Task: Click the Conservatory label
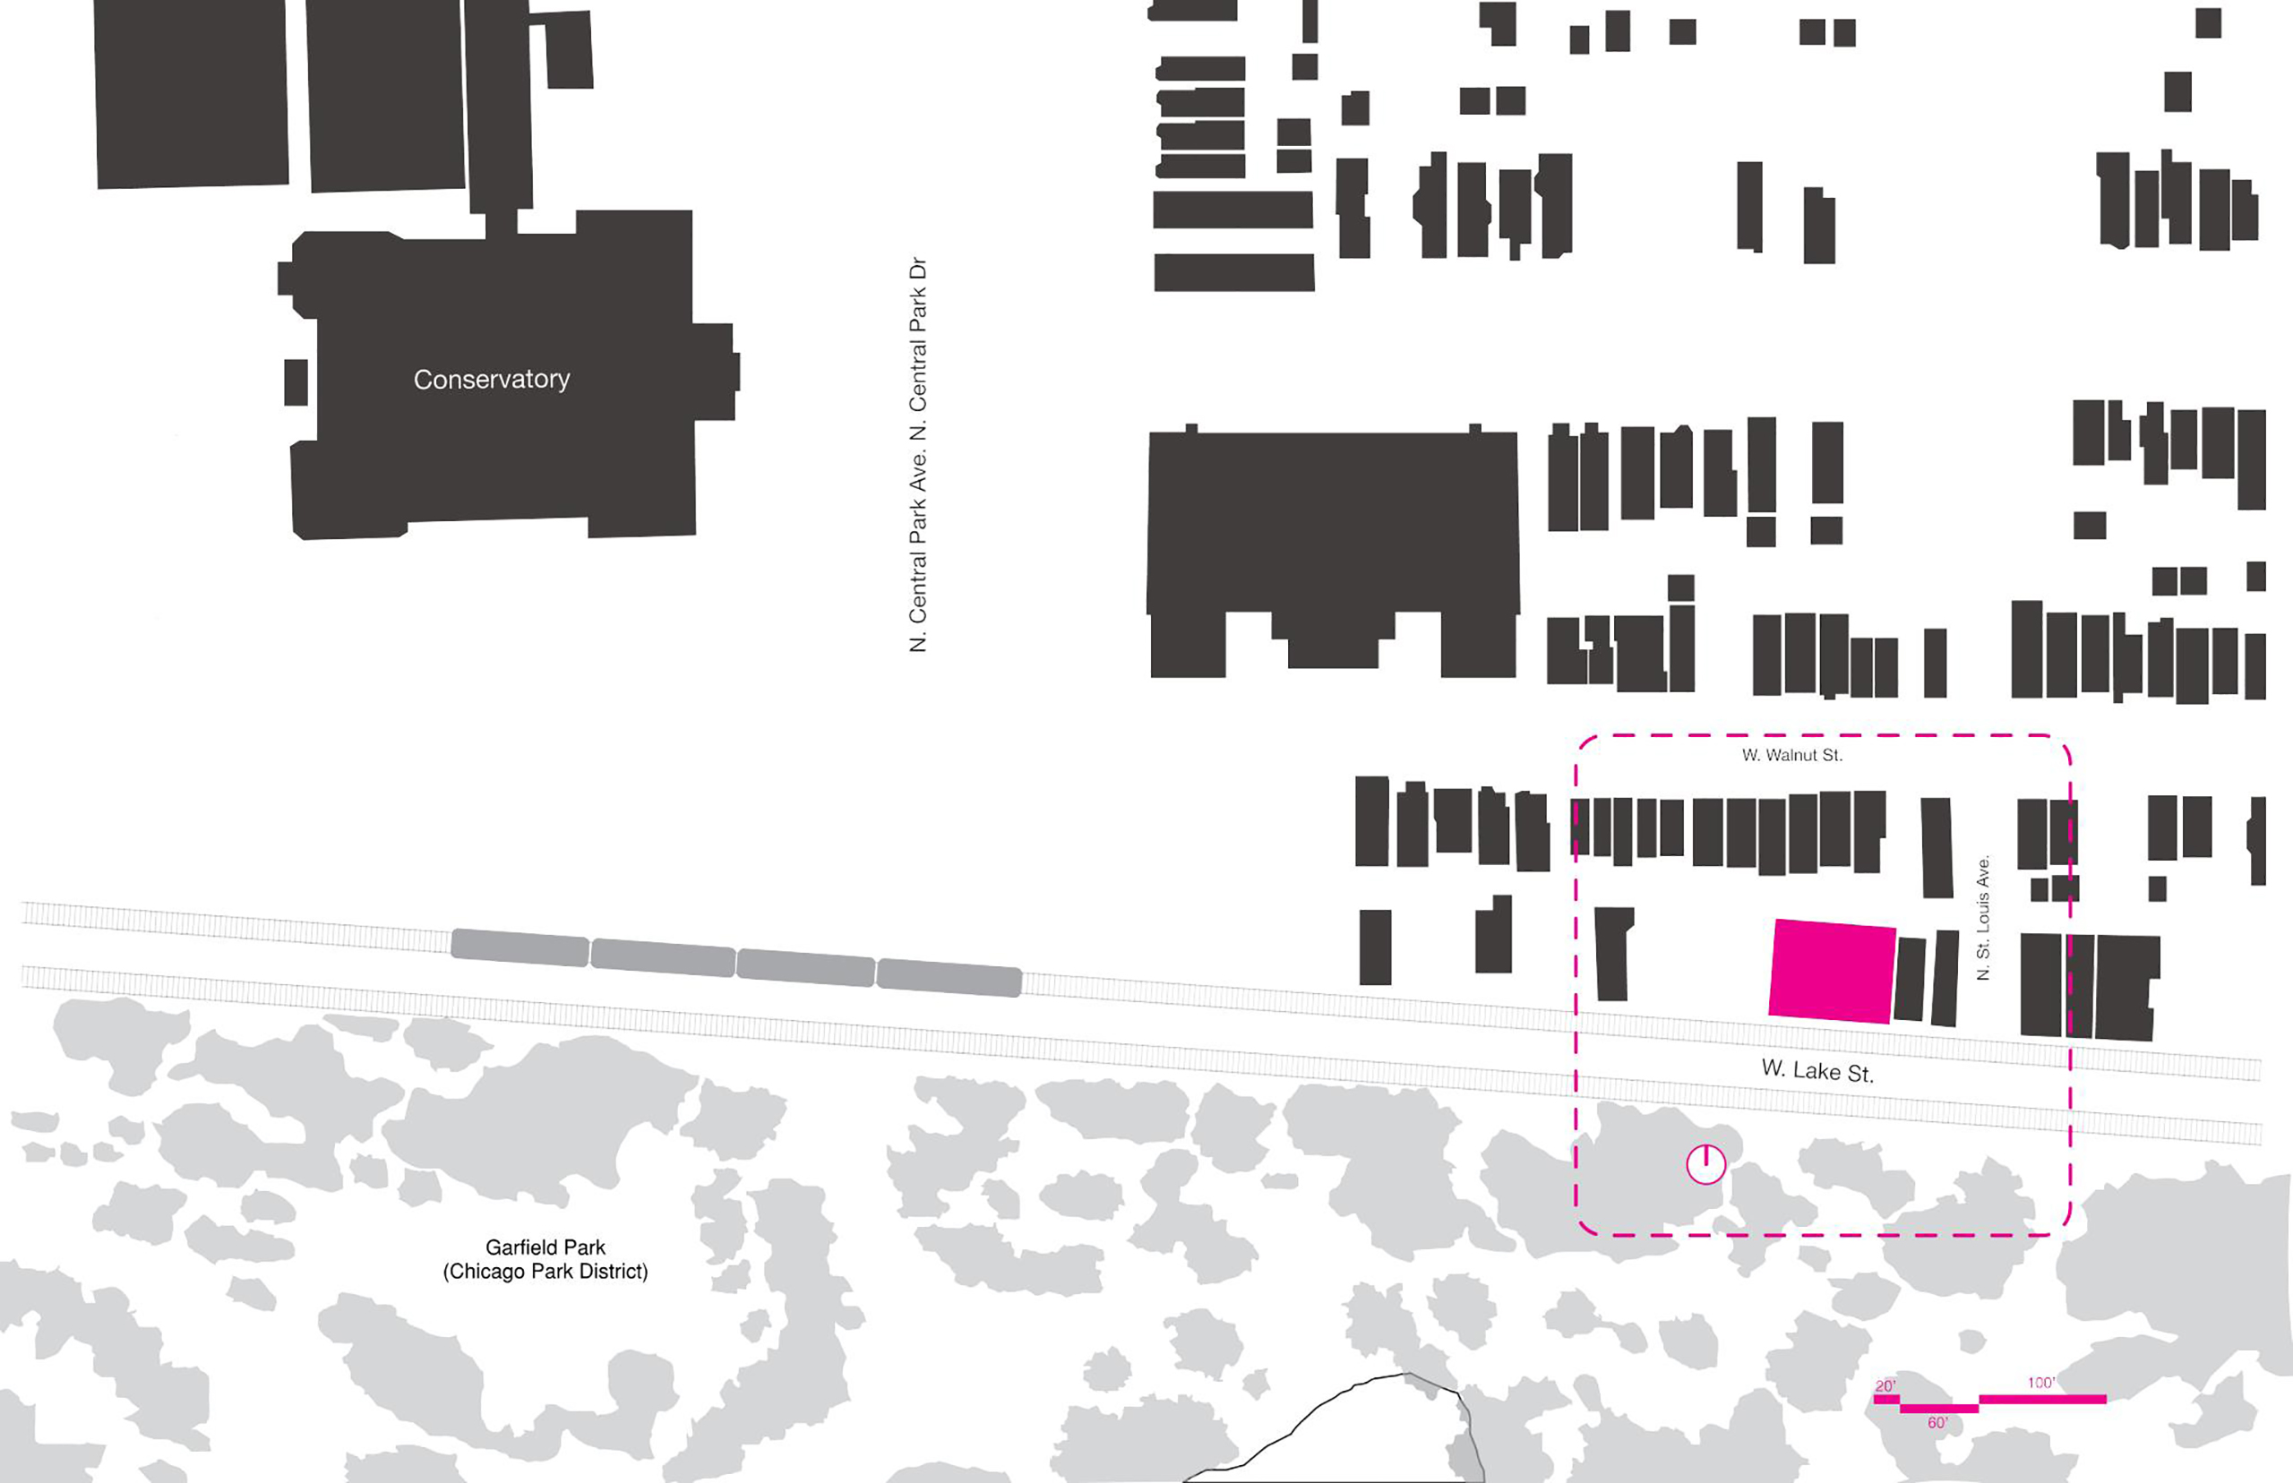click(x=491, y=380)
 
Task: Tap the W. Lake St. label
click(x=1817, y=1071)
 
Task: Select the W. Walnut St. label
click(x=1791, y=756)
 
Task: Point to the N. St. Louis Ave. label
click(x=1983, y=918)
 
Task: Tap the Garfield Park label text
click(x=545, y=1248)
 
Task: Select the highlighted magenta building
click(x=1832, y=971)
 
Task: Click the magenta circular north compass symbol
click(x=1705, y=1164)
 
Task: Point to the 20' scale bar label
click(x=1885, y=1386)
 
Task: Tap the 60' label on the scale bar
click(x=1937, y=1423)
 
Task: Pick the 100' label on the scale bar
click(x=2040, y=1383)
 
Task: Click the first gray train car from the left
click(x=520, y=947)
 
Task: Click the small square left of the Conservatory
click(x=296, y=382)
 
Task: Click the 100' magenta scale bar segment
click(x=2041, y=1399)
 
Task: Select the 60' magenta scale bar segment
click(x=1938, y=1409)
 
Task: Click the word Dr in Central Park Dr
click(x=918, y=269)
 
